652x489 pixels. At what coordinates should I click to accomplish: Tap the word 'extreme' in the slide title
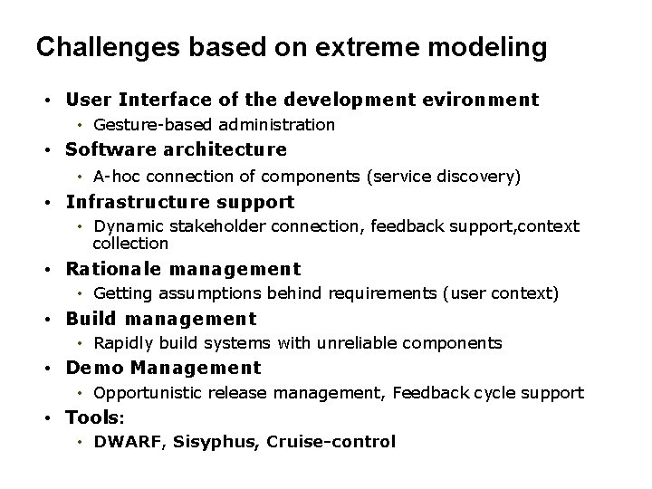tap(356, 47)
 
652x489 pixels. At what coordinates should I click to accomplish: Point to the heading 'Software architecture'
tap(177, 149)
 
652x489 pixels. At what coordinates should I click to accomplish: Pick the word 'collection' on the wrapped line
tap(130, 244)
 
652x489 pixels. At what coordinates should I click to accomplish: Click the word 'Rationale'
tap(110, 269)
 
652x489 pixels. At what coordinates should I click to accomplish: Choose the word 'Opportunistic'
tap(149, 393)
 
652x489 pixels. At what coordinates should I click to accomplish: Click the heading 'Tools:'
tap(95, 417)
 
